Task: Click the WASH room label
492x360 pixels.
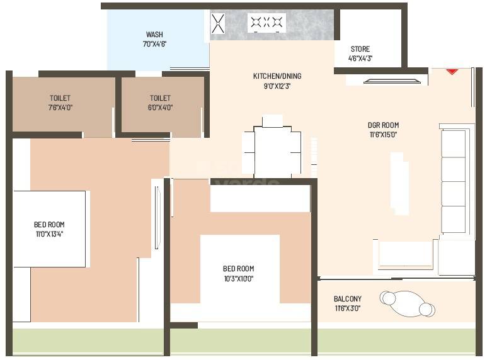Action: [x=154, y=35]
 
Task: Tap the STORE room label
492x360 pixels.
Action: [x=360, y=49]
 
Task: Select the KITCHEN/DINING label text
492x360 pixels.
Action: [x=277, y=76]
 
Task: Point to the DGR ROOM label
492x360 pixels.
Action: [x=383, y=125]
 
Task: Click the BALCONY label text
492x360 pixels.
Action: [x=348, y=299]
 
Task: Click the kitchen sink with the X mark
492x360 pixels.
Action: [x=218, y=24]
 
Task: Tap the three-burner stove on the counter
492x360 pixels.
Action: [x=266, y=23]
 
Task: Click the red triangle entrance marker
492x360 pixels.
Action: [x=452, y=72]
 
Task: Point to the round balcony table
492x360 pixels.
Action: [x=407, y=303]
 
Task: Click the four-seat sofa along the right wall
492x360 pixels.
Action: [x=454, y=181]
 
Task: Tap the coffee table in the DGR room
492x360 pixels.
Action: [x=397, y=183]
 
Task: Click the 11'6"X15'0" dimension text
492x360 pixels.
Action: [x=383, y=135]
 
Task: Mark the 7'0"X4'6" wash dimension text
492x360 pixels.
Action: [x=154, y=45]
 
